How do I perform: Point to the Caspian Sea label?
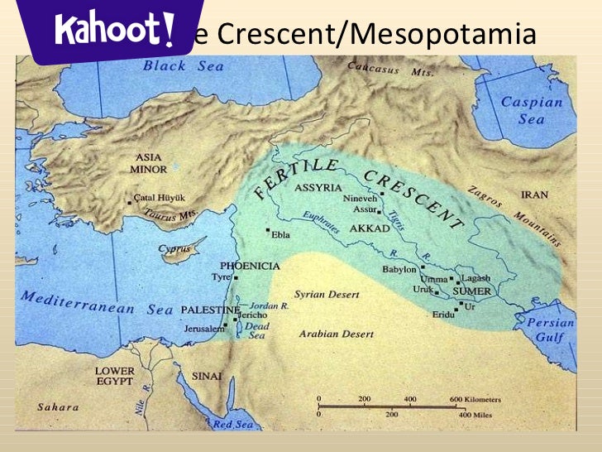533,110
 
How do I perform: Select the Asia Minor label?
149,162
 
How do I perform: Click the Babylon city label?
399,269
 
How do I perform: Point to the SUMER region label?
471,292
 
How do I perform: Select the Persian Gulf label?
549,330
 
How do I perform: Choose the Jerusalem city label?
203,329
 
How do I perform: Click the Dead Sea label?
257,330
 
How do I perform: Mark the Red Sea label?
233,423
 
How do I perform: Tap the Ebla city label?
281,233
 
